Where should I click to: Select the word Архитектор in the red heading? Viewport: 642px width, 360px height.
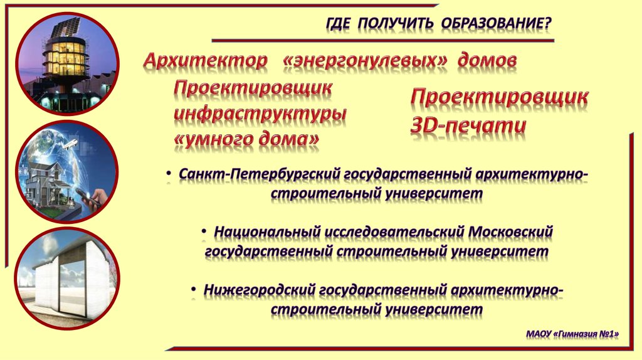coord(204,61)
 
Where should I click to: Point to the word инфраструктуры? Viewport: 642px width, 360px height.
coord(260,114)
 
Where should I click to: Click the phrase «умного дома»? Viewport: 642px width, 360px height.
coord(246,139)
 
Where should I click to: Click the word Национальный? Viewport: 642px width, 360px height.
coord(266,231)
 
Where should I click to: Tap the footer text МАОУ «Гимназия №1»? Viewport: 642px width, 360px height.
coord(572,334)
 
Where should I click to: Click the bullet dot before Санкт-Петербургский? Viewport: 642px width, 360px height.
coord(170,172)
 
